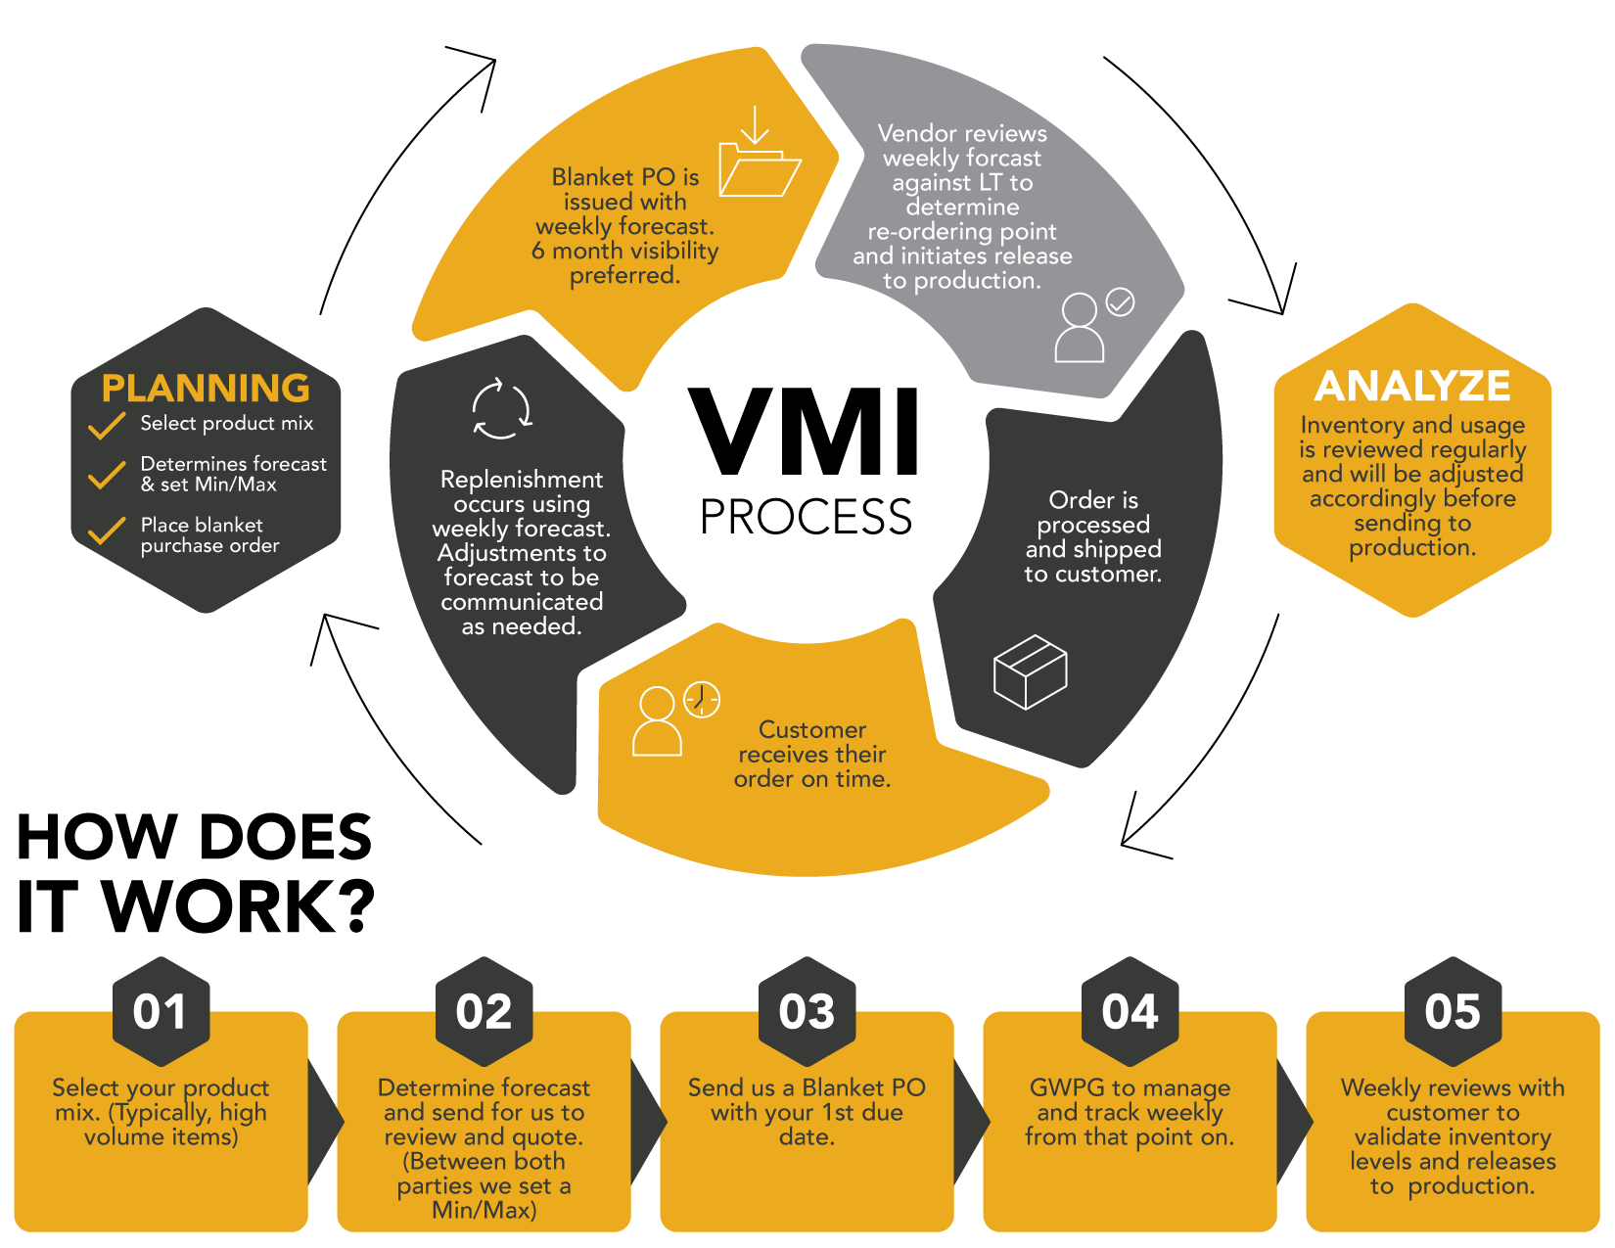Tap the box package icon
(1030, 671)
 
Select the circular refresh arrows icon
(501, 408)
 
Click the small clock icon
(702, 700)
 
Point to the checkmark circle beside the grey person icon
(1120, 302)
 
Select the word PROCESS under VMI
(806, 517)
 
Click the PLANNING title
(206, 389)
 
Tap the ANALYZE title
(1412, 387)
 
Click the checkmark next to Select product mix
(107, 426)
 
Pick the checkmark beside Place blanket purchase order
(107, 531)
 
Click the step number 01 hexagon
(161, 1011)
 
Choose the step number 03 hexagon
(807, 1011)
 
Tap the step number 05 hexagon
(1453, 1011)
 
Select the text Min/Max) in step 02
(484, 1210)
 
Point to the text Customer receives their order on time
(812, 755)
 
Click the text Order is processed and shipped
(1093, 536)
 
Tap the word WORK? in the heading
(240, 906)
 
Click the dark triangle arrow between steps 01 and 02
(324, 1122)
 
